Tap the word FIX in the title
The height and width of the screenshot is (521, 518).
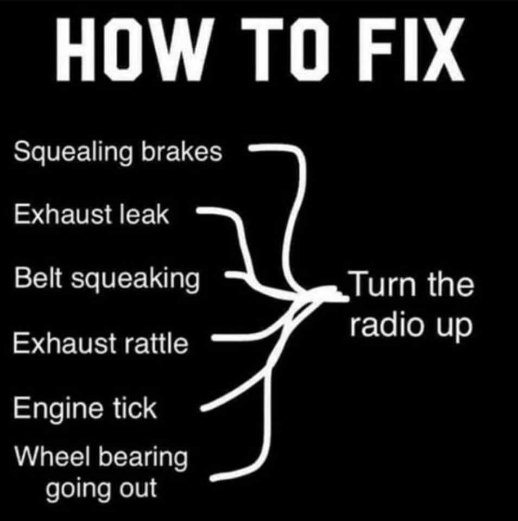click(x=411, y=49)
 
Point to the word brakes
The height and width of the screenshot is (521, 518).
click(x=181, y=151)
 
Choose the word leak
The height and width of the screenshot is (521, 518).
click(x=144, y=214)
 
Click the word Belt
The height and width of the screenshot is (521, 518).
click(x=38, y=278)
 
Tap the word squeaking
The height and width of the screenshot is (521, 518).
click(x=136, y=281)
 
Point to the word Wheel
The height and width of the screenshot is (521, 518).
click(x=52, y=457)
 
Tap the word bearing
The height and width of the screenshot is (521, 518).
click(x=143, y=459)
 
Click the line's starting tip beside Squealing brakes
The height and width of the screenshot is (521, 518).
click(x=251, y=148)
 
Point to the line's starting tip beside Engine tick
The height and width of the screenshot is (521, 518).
click(x=203, y=408)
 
